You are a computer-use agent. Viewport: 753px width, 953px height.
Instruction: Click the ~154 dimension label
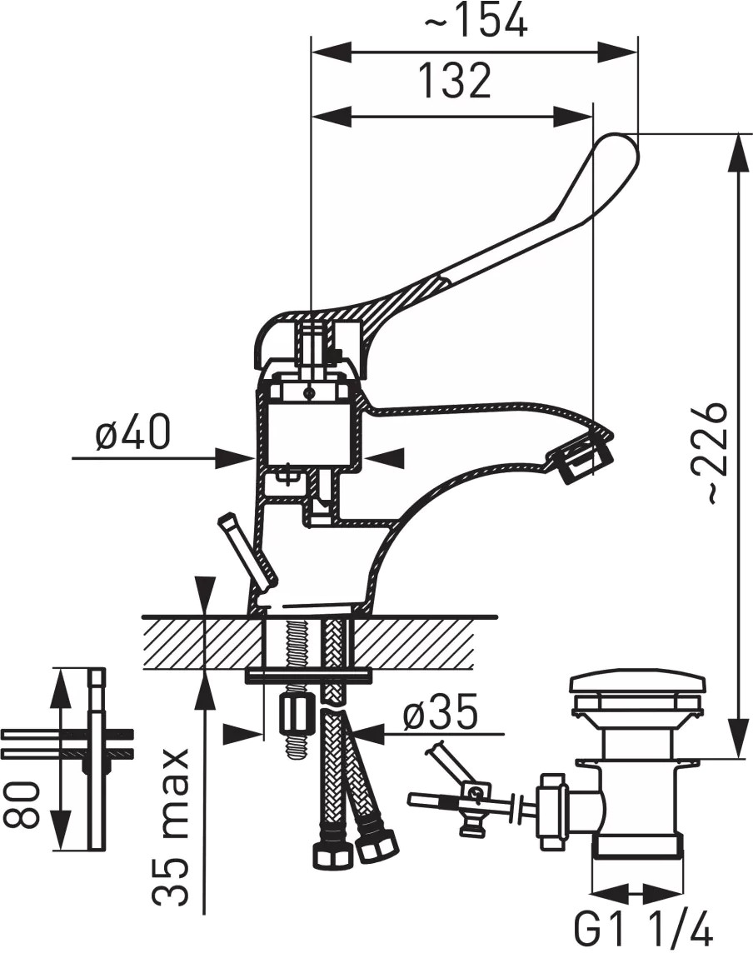(475, 22)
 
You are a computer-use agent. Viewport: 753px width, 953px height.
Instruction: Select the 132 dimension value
(455, 80)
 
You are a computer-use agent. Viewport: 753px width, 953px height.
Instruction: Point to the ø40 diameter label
(133, 432)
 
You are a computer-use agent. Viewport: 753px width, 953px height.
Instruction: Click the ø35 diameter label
(440, 712)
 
